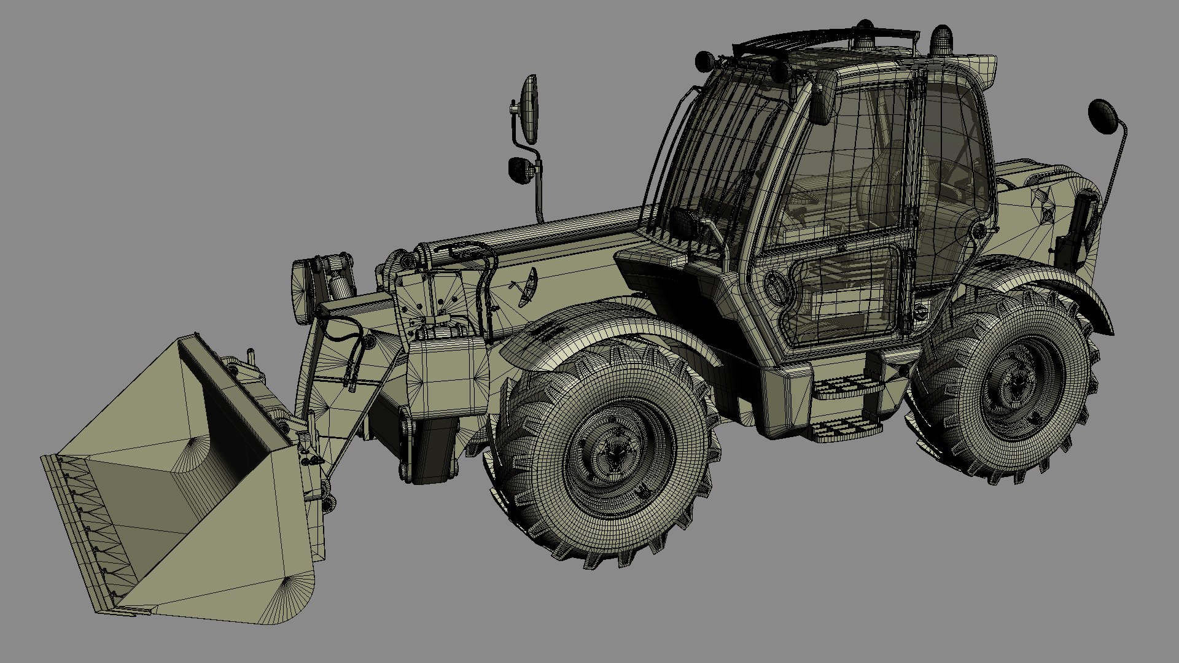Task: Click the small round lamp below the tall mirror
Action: coord(521,169)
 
